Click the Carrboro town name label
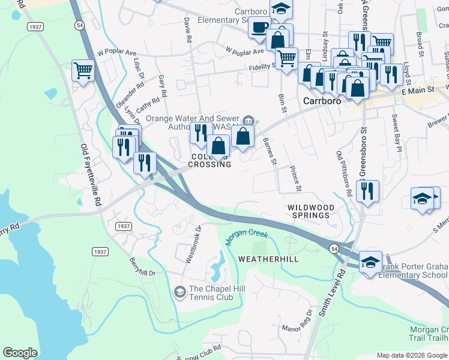[x=322, y=101]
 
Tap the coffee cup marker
[x=259, y=27]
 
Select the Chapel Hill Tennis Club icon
[x=179, y=292]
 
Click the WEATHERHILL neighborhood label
[x=268, y=259]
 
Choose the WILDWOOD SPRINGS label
[x=309, y=211]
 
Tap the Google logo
[x=20, y=353]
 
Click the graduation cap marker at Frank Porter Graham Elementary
[x=370, y=261]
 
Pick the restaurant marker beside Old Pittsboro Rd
[x=367, y=191]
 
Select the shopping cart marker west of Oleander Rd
[x=83, y=70]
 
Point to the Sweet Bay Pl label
[x=396, y=128]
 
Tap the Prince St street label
[x=295, y=178]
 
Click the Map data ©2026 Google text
[x=411, y=355]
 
